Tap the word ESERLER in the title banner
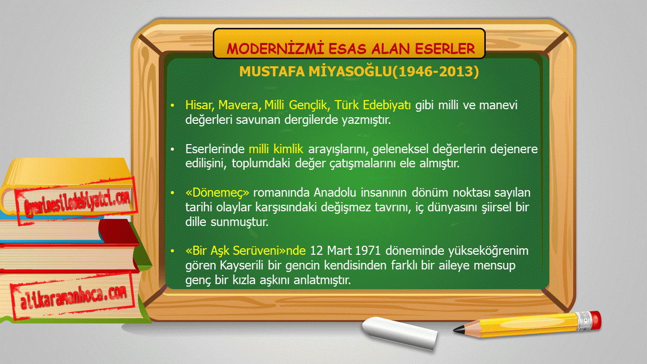point(445,49)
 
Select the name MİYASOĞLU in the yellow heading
point(350,71)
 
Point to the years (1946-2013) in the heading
point(436,71)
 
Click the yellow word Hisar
point(200,105)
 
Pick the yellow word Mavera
point(240,105)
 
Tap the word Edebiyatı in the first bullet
point(387,105)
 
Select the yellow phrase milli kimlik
point(276,149)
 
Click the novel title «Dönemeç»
point(217,193)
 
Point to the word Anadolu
point(335,193)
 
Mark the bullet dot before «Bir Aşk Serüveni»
point(172,251)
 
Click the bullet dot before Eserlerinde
point(172,149)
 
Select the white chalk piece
point(400,333)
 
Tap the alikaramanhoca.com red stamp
point(73,296)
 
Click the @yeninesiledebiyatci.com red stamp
point(76,201)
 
